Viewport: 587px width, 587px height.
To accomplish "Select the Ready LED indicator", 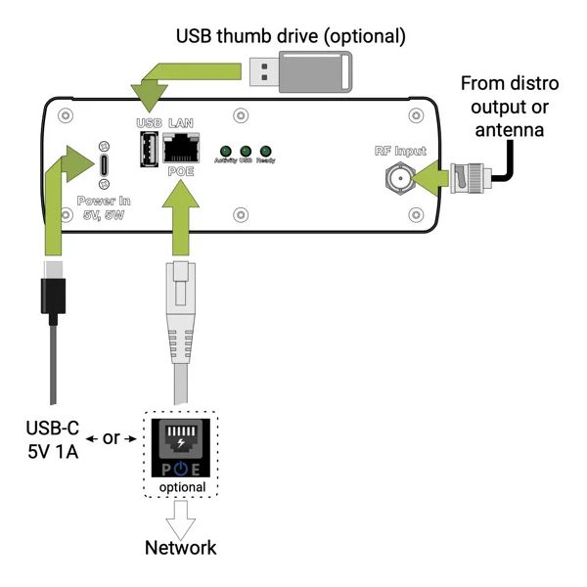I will [265, 151].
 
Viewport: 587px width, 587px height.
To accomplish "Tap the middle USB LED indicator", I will [246, 151].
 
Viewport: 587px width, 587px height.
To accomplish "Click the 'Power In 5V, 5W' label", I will [105, 208].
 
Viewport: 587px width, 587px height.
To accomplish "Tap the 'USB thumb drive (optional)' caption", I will [290, 36].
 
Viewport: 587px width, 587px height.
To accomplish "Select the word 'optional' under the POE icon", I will [183, 486].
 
